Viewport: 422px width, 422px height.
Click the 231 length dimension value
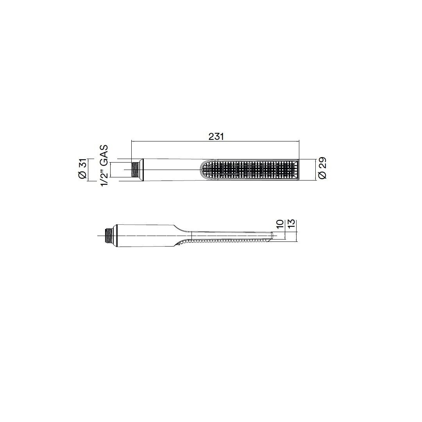216,136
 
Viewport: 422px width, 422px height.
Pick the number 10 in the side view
280,224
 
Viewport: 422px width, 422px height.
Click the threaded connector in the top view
134,170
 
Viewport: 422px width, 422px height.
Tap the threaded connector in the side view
109,236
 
